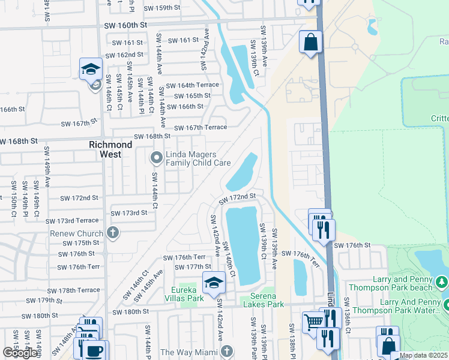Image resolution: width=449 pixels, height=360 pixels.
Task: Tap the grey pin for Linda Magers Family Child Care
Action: pyautogui.click(x=157, y=158)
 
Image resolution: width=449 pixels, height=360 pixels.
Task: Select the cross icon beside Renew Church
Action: pyautogui.click(x=112, y=232)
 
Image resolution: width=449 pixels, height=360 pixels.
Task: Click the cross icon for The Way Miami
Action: pyautogui.click(x=226, y=351)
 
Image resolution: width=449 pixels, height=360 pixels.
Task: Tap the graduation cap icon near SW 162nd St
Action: pyautogui.click(x=91, y=68)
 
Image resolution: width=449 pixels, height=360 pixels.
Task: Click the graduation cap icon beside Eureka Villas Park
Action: pyautogui.click(x=214, y=281)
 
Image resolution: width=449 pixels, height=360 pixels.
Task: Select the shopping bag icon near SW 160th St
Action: pyautogui.click(x=311, y=41)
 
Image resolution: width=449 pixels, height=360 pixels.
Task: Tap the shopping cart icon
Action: pyautogui.click(x=313, y=320)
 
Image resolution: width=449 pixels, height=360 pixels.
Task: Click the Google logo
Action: pyautogui.click(x=20, y=353)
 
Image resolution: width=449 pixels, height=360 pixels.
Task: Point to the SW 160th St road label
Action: pyautogui.click(x=125, y=26)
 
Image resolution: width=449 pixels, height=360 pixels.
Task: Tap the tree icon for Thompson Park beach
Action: pyautogui.click(x=442, y=281)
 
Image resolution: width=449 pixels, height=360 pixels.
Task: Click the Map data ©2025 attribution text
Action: pyautogui.click(x=423, y=355)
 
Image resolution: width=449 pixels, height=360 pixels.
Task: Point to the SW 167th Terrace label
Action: pyautogui.click(x=200, y=127)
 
